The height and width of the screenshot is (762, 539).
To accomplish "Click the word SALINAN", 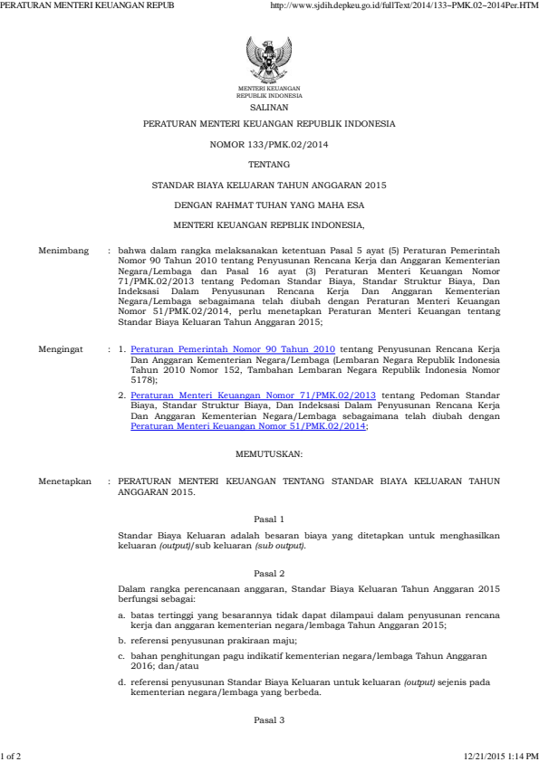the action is point(269,106).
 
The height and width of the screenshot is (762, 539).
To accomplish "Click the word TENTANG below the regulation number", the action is point(269,165).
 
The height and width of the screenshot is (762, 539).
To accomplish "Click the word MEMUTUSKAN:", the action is point(269,450).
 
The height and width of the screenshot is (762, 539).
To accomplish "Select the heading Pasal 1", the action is point(269,519).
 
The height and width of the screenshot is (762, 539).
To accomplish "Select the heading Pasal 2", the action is point(269,574).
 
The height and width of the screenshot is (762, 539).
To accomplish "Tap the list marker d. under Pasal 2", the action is point(122,681).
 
